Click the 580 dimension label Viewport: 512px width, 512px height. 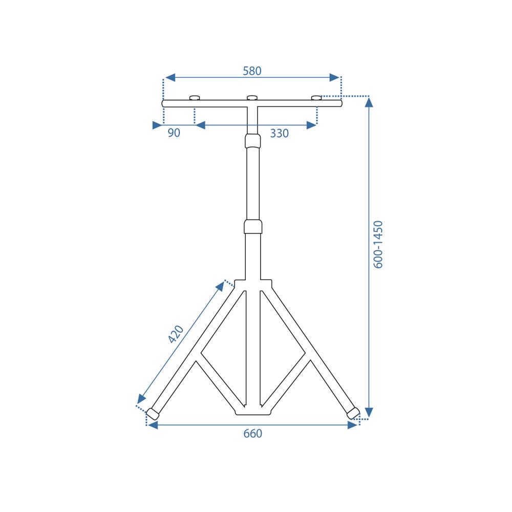(252, 71)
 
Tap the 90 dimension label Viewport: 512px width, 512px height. (174, 133)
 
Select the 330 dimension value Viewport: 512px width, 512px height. (280, 134)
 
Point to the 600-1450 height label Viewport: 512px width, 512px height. (378, 244)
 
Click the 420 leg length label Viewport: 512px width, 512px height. (176, 334)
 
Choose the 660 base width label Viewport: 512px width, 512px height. (252, 434)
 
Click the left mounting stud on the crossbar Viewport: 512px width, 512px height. (194, 98)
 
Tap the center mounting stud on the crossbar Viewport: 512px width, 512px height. (252, 98)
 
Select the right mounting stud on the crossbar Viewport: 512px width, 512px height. (316, 98)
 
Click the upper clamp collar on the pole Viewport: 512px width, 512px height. (253, 140)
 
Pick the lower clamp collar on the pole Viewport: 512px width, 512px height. (253, 226)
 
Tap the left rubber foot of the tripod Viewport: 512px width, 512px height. (153, 414)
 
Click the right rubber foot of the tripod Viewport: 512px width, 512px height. (353, 413)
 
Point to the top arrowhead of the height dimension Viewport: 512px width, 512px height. (369, 102)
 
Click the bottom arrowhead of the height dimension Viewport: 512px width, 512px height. (369, 413)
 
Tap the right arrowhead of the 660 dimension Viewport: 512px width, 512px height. (352, 425)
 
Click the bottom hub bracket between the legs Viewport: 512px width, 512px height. (253, 411)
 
